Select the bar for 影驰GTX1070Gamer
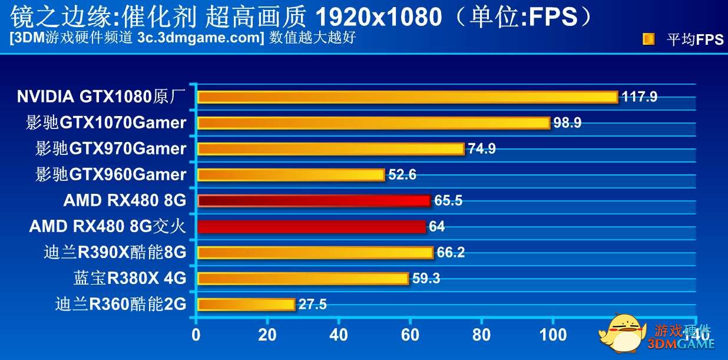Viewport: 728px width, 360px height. [x=373, y=123]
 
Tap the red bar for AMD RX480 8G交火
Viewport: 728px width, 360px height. [x=312, y=227]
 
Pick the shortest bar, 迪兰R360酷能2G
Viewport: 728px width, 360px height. [x=246, y=305]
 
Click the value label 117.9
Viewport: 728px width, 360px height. [x=639, y=97]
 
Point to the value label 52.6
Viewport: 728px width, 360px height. [x=402, y=175]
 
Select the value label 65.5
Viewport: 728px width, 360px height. [x=448, y=201]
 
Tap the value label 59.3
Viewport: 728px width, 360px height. [x=426, y=279]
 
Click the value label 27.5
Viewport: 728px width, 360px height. [x=312, y=305]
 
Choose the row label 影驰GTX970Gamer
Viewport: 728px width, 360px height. [x=111, y=148]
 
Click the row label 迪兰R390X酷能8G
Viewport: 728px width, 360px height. [x=115, y=253]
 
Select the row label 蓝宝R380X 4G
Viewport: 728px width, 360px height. [x=130, y=278]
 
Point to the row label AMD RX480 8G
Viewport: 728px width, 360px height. [x=125, y=201]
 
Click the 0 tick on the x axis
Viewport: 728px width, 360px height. [x=196, y=335]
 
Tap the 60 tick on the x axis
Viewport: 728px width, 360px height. [x=411, y=335]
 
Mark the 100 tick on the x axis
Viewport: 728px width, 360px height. [x=554, y=335]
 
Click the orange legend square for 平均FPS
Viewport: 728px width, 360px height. [x=648, y=39]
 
